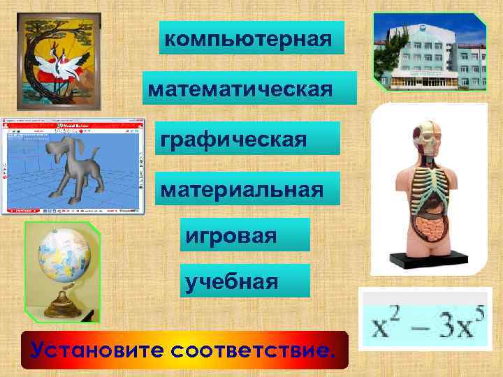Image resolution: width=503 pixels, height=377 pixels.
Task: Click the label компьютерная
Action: (252, 38)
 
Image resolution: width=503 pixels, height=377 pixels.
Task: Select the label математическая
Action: (249, 88)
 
